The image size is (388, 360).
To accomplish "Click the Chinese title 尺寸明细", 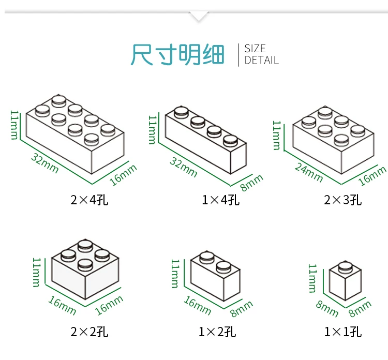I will tap(177, 54).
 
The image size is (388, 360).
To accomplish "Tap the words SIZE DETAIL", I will tap(261, 54).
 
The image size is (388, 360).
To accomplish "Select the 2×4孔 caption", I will tap(90, 200).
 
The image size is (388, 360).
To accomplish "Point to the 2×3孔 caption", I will tap(343, 200).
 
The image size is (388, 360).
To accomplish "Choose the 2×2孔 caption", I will tap(90, 332).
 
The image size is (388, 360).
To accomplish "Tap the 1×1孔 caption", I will tap(343, 332).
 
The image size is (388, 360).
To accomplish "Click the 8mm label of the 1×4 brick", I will tap(251, 183).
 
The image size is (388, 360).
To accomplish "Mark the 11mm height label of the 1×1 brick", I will tap(313, 278).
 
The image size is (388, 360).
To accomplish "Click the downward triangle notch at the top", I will tap(199, 16).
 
